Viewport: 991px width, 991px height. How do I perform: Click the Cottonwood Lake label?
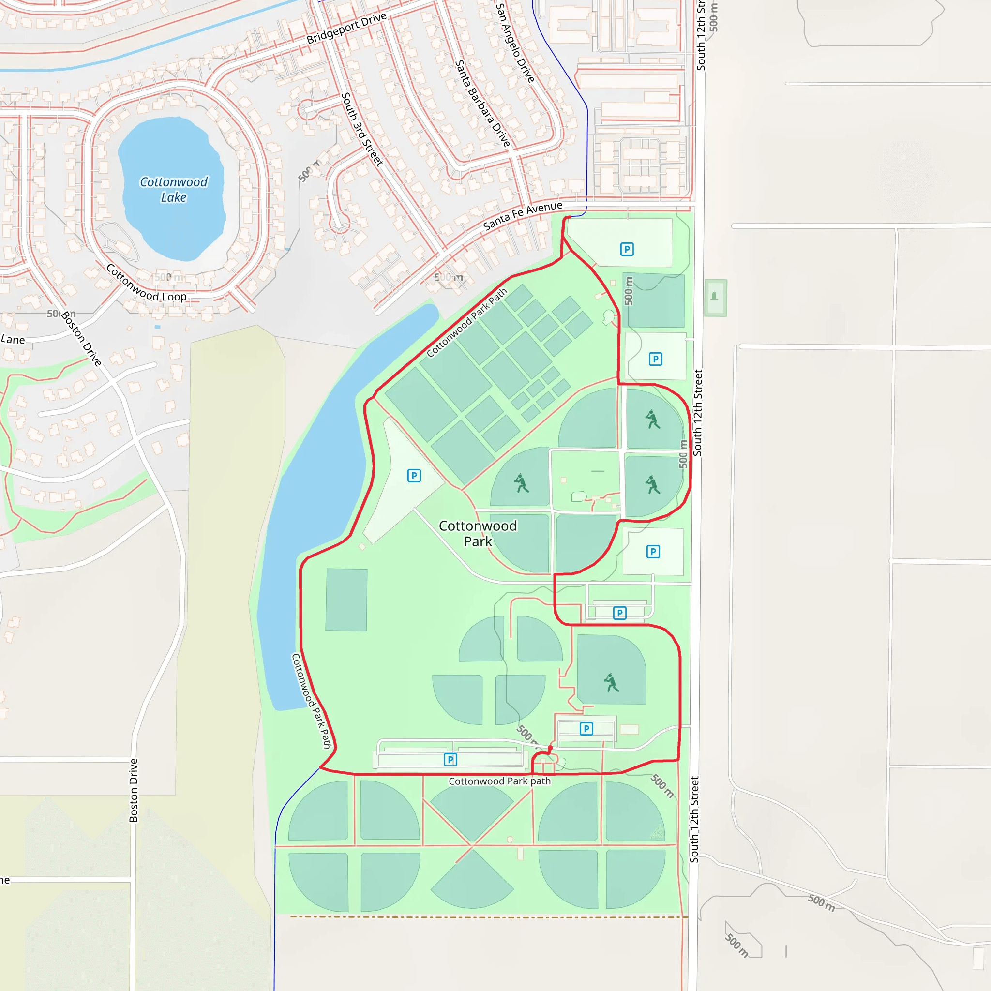coord(173,190)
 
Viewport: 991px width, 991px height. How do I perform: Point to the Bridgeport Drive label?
coord(346,28)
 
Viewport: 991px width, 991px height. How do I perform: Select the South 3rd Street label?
coord(362,129)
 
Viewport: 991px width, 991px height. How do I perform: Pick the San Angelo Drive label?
coord(514,43)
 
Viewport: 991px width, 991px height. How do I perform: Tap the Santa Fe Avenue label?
coord(523,215)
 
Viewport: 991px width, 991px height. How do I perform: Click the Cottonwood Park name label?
coord(478,533)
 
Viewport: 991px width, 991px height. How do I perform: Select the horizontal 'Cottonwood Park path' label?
coord(499,781)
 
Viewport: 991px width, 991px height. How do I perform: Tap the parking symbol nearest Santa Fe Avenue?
coord(627,249)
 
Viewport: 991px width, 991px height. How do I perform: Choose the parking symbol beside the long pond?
coord(414,476)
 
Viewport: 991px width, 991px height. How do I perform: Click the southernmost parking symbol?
coord(450,760)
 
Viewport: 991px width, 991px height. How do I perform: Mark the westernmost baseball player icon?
coord(521,483)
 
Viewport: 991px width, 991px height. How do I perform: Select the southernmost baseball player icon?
coord(611,683)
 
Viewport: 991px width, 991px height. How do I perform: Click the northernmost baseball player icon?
coord(652,419)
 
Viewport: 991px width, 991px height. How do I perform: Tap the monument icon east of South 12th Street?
coord(715,297)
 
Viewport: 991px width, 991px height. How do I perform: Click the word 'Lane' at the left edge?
coord(13,340)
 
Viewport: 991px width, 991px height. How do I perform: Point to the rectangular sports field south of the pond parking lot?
coord(346,600)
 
